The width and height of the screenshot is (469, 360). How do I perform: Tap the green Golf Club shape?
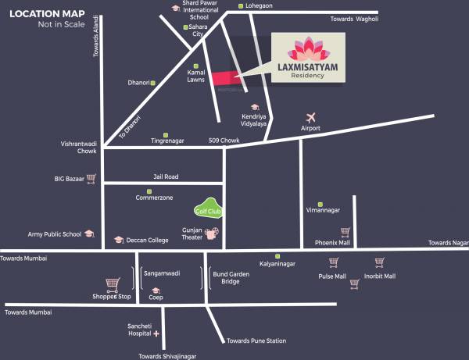click(x=208, y=209)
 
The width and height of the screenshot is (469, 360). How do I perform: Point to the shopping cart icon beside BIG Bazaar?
click(x=91, y=178)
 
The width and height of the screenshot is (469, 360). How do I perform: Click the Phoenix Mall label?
click(x=332, y=242)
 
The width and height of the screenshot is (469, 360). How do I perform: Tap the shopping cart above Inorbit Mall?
click(x=380, y=263)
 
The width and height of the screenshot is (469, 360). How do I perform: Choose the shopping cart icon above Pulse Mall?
click(x=334, y=263)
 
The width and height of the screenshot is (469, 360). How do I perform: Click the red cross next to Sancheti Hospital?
click(x=156, y=333)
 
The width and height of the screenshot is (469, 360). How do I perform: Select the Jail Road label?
click(x=165, y=177)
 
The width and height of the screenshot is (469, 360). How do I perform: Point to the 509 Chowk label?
click(x=224, y=141)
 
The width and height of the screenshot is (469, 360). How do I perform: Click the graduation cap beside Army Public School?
click(x=90, y=233)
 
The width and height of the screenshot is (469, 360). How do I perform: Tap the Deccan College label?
click(x=147, y=241)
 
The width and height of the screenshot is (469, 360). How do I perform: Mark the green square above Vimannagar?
click(x=320, y=201)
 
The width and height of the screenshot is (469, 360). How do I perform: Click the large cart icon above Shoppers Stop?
click(x=113, y=284)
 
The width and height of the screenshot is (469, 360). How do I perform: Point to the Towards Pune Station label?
click(x=256, y=340)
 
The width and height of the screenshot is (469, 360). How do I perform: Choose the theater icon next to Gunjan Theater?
click(x=211, y=232)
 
